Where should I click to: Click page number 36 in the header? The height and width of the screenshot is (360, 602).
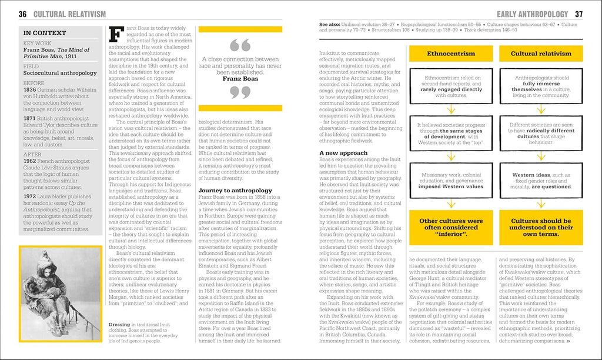point(22,14)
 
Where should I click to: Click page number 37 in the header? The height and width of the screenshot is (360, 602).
point(578,14)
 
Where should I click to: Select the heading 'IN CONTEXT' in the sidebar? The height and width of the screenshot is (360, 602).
point(45,33)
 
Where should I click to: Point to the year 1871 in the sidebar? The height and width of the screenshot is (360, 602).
point(29,118)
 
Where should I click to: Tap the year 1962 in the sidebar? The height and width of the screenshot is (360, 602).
point(29,161)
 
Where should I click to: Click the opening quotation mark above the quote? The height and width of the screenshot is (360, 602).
point(239,45)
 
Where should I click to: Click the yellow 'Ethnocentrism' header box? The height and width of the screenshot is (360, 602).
point(451,54)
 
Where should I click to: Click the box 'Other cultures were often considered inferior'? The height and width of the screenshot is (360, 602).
point(451,227)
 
